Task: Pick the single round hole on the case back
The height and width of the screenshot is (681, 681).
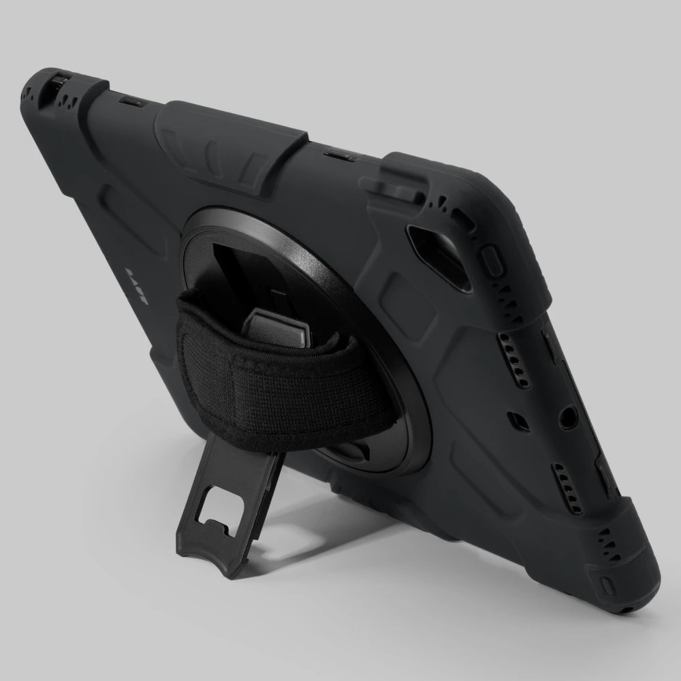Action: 568,417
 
